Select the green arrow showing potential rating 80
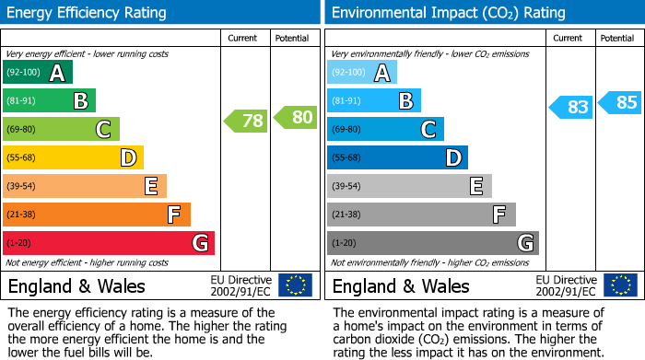[x=295, y=117]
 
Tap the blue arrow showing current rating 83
[x=570, y=107]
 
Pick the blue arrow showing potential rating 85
[x=620, y=102]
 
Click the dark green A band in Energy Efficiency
[x=38, y=73]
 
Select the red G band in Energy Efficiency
[x=109, y=243]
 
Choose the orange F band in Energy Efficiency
[x=97, y=215]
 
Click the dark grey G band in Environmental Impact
[x=432, y=243]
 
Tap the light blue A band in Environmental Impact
[x=362, y=73]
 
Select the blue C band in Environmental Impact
[x=385, y=129]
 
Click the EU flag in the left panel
[x=295, y=285]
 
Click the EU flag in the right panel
[x=619, y=285]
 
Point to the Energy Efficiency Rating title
[x=88, y=13]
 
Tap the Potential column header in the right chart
[x=616, y=38]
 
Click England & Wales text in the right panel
[x=401, y=286]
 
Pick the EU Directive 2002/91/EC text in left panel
[x=240, y=285]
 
